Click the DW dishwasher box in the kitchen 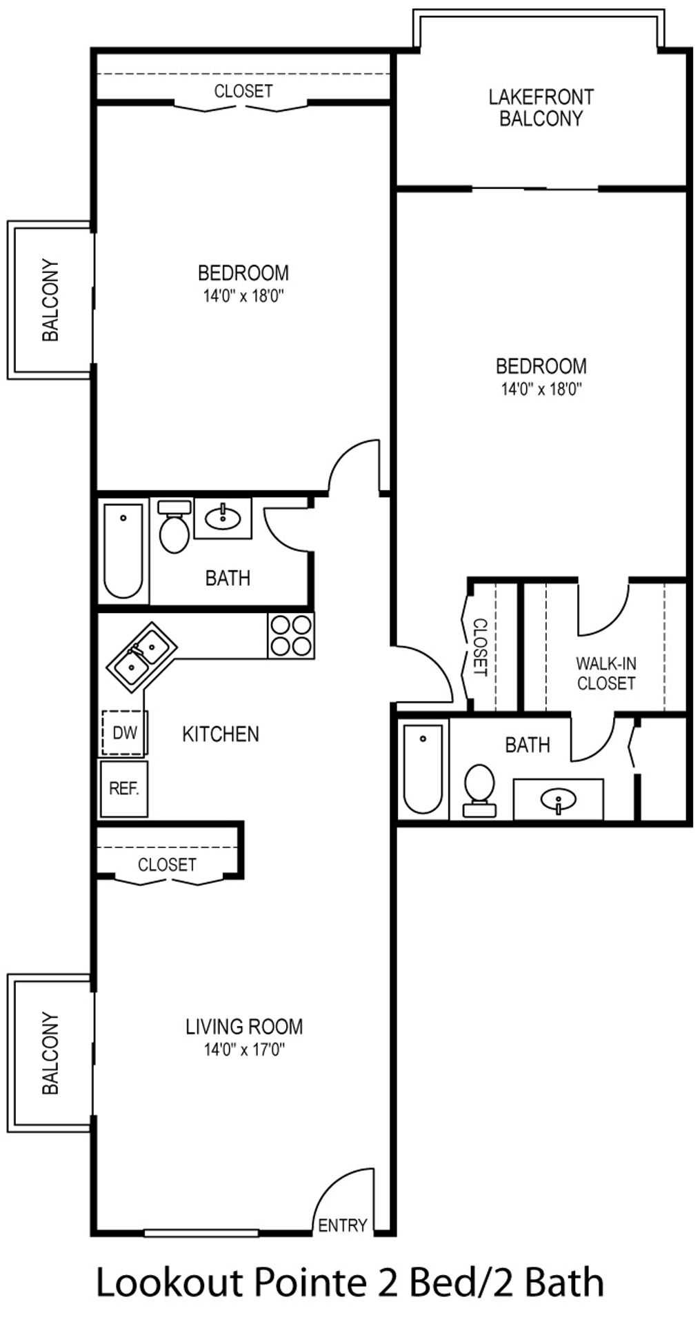pyautogui.click(x=124, y=732)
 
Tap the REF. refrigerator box pyautogui.click(x=124, y=788)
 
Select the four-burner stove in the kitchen pyautogui.click(x=291, y=635)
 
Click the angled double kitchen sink pyautogui.click(x=141, y=657)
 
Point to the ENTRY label pyautogui.click(x=342, y=1225)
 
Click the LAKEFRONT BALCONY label pyautogui.click(x=541, y=108)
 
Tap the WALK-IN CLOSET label pyautogui.click(x=606, y=673)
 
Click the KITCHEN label pyautogui.click(x=221, y=734)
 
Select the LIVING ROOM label pyautogui.click(x=244, y=1026)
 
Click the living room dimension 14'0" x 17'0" pyautogui.click(x=244, y=1050)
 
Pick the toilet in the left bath pyautogui.click(x=174, y=527)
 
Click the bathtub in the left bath pyautogui.click(x=123, y=551)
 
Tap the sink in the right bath pyautogui.click(x=559, y=800)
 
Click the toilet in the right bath pyautogui.click(x=479, y=790)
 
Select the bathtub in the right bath pyautogui.click(x=423, y=769)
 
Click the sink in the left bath pyautogui.click(x=223, y=517)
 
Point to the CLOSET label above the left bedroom pyautogui.click(x=243, y=91)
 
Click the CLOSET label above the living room pyautogui.click(x=167, y=864)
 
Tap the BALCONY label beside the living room pyautogui.click(x=50, y=1053)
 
